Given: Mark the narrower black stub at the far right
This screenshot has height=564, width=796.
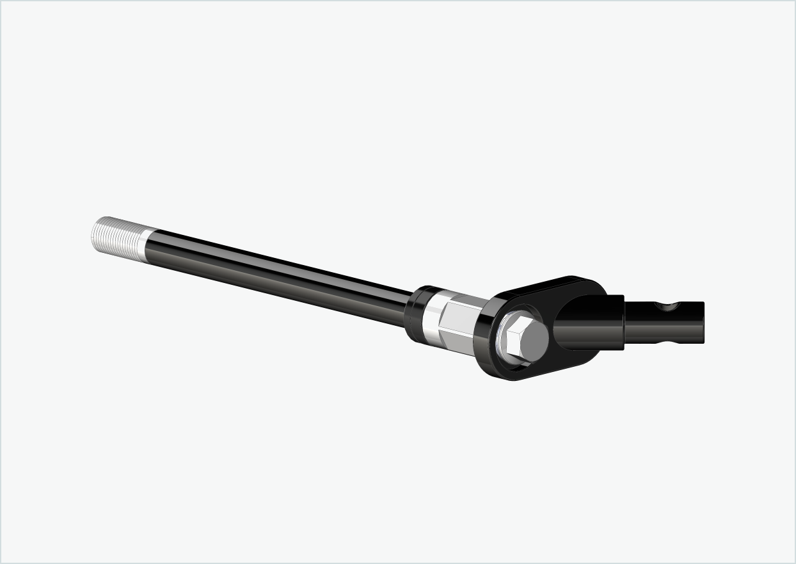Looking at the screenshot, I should click(x=665, y=323).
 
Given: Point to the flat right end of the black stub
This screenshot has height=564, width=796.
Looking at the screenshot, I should click(x=702, y=323).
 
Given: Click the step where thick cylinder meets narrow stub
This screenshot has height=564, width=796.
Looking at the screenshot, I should click(x=624, y=323).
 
